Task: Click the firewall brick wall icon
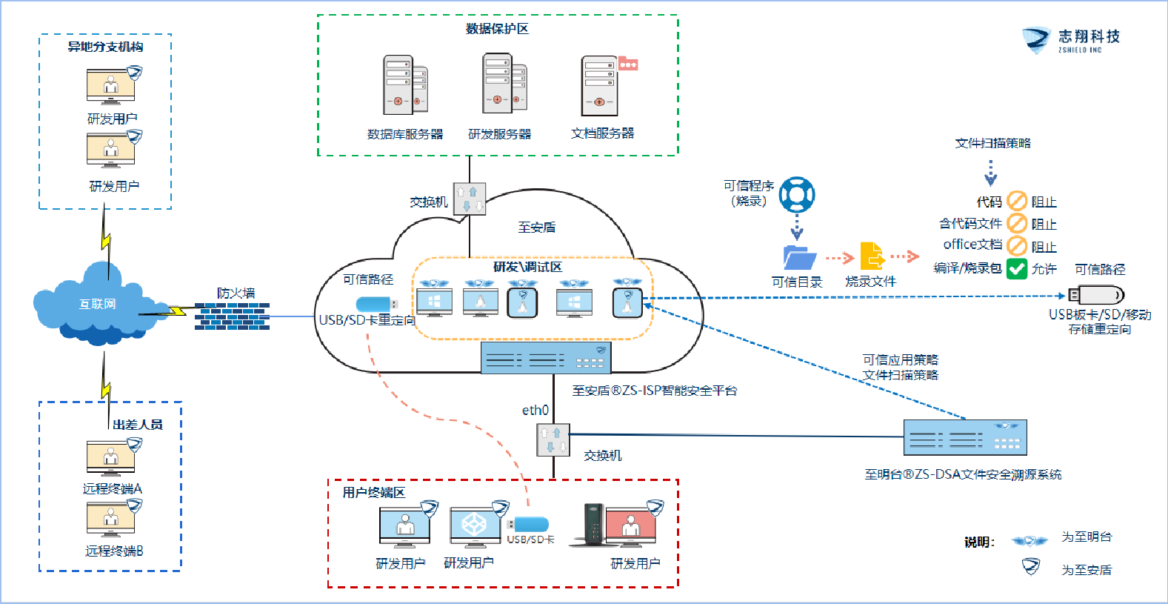(x=232, y=316)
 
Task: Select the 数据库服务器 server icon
(x=404, y=84)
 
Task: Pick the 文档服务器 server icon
(x=601, y=85)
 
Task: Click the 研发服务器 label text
(x=499, y=134)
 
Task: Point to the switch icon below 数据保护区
(x=470, y=199)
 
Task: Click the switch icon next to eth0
(x=553, y=439)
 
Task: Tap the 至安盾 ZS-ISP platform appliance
(x=546, y=358)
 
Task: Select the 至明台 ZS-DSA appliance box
(x=965, y=437)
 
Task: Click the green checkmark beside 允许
(x=1017, y=268)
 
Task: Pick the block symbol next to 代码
(x=1017, y=201)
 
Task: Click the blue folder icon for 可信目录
(x=799, y=257)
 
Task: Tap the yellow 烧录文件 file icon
(x=872, y=256)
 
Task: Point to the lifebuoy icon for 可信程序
(x=797, y=195)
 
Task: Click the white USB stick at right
(x=1097, y=295)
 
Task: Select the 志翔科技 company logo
(x=1070, y=40)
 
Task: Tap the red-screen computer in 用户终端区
(x=630, y=527)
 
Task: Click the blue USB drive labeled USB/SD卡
(x=530, y=525)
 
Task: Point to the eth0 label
(x=535, y=410)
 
